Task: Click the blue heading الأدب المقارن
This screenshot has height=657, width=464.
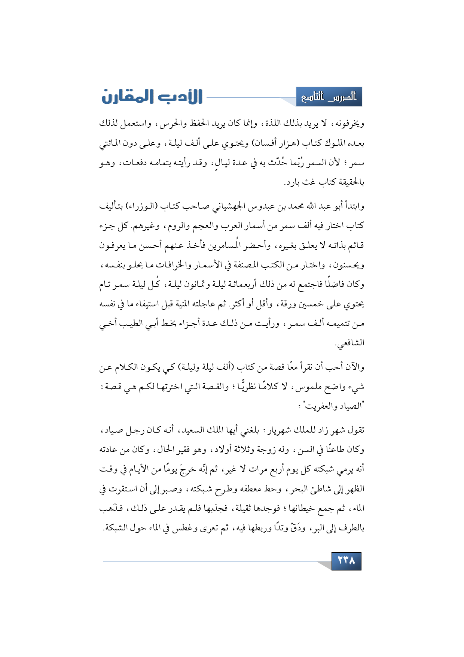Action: [x=152, y=97]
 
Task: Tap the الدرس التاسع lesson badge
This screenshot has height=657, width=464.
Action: [x=329, y=97]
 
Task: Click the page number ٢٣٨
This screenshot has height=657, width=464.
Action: [x=346, y=561]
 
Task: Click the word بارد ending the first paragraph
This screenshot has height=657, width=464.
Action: [x=293, y=182]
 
